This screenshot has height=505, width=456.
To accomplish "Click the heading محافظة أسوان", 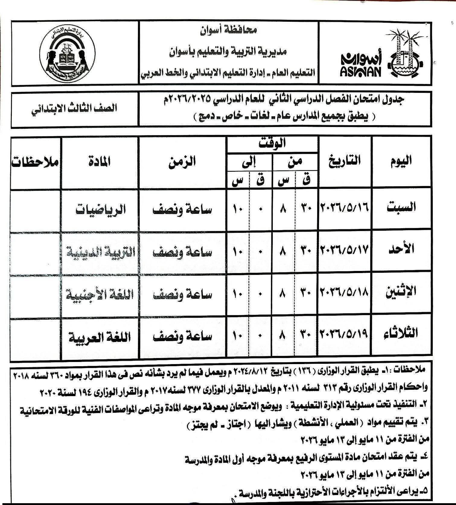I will (229, 31).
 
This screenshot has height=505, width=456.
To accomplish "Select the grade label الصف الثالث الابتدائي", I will (75, 109).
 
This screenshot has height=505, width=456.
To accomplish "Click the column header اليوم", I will (401, 161).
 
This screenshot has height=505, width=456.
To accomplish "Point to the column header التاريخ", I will (345, 161).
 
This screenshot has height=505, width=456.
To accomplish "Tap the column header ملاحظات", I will (36, 162).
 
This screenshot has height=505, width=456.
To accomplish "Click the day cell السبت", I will (401, 207).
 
